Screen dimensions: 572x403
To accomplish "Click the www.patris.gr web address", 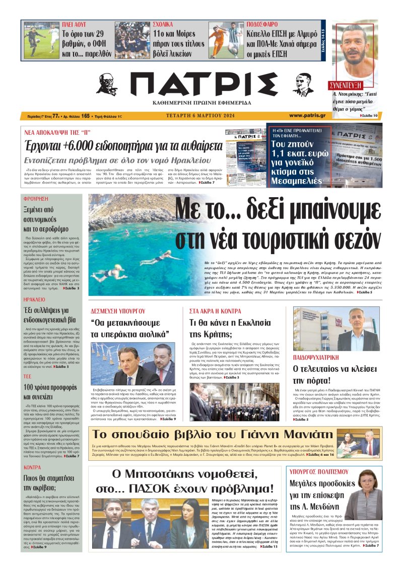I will [307, 115].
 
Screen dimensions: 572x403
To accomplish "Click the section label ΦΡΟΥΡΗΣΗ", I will [35, 198].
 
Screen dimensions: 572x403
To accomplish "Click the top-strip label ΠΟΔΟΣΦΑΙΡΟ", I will [261, 24].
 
